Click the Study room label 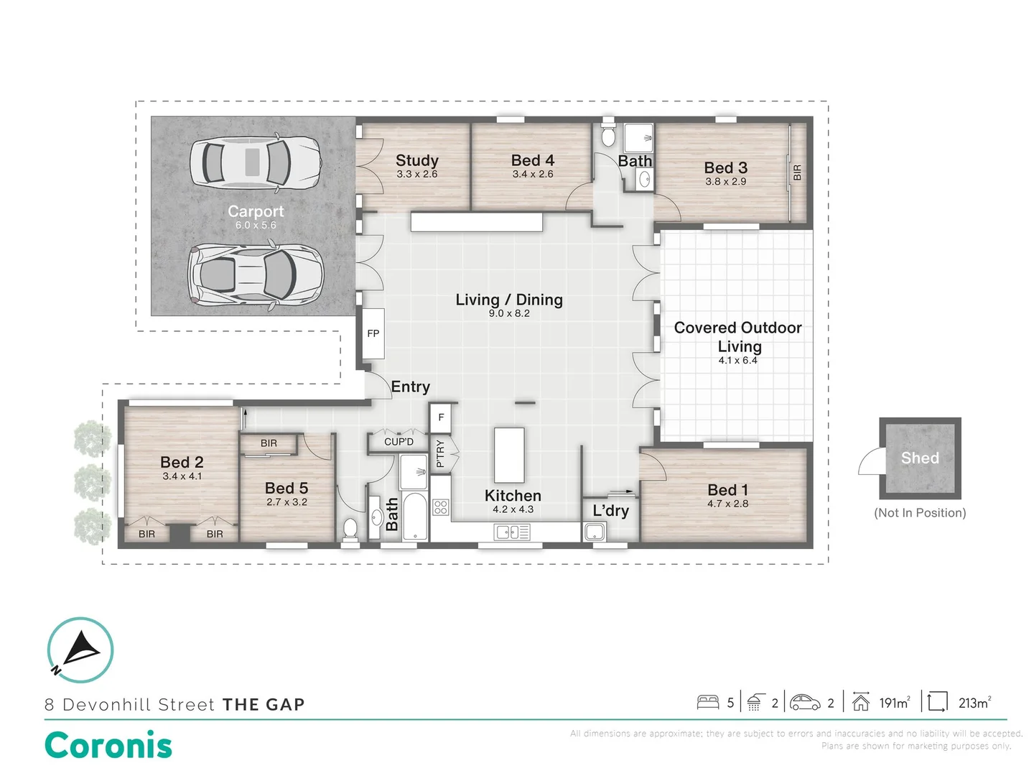(x=416, y=161)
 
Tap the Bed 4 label (x=532, y=160)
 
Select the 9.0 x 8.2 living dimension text (x=509, y=313)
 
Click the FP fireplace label (x=373, y=333)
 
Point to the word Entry (x=410, y=387)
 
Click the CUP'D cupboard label (x=399, y=442)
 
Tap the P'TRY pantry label (x=440, y=453)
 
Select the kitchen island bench (x=509, y=455)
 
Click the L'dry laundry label (x=610, y=511)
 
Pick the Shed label (x=919, y=458)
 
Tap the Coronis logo (x=108, y=745)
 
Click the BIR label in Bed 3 (x=796, y=172)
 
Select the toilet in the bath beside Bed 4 (x=608, y=134)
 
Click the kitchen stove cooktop (x=440, y=507)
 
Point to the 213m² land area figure (x=974, y=703)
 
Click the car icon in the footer (x=805, y=702)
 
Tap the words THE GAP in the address (x=264, y=705)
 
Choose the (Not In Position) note (x=920, y=512)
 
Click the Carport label (x=256, y=211)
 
